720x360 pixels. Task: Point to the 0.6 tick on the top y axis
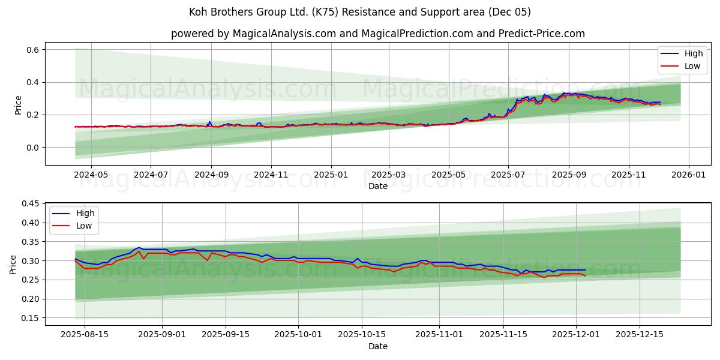click(x=32, y=50)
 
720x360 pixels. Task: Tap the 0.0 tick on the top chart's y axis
click(x=32, y=148)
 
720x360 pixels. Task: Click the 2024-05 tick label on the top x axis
click(x=91, y=175)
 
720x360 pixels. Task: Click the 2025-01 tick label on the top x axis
click(x=331, y=175)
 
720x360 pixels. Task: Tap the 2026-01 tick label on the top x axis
click(x=688, y=175)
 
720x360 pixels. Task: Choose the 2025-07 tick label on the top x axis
click(x=508, y=175)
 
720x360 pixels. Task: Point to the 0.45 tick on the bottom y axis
click(x=30, y=204)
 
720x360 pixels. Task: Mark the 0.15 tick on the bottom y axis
click(x=30, y=318)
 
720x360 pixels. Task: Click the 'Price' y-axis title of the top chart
click(x=18, y=105)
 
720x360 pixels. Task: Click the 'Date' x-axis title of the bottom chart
click(x=377, y=346)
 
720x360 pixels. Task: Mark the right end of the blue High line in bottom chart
click(x=585, y=270)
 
